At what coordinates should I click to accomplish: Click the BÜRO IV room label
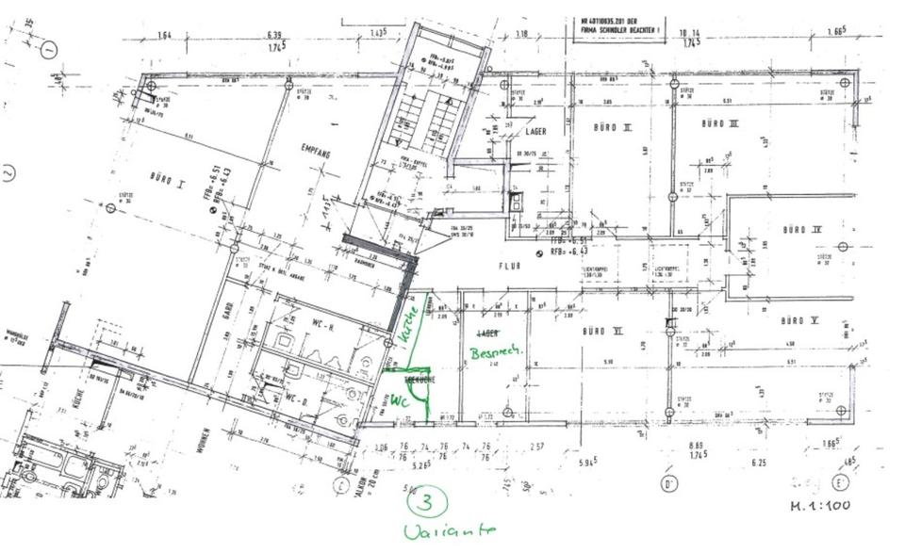tap(802, 229)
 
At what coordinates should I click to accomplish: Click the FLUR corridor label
tap(510, 267)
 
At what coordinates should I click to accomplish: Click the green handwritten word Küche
tap(408, 325)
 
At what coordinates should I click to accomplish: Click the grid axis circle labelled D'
tap(670, 486)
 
